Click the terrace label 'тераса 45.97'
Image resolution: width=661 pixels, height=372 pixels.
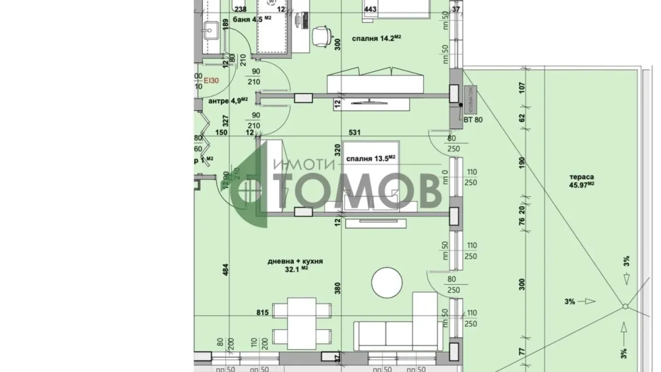pyautogui.click(x=583, y=180)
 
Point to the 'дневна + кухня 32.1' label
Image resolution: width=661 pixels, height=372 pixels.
pyautogui.click(x=295, y=265)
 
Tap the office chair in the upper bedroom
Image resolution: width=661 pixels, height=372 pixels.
pyautogui.click(x=321, y=36)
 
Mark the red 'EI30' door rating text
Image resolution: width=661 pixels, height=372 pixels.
pyautogui.click(x=212, y=80)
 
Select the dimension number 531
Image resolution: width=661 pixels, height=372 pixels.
pyautogui.click(x=354, y=132)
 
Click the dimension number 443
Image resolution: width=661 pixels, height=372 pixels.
pyautogui.click(x=371, y=9)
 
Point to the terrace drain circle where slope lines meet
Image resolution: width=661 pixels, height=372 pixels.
pyautogui.click(x=625, y=307)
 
